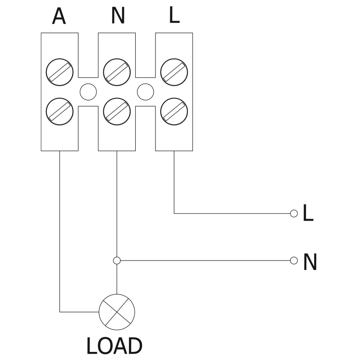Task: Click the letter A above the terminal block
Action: tap(59, 17)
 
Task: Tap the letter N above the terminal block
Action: tap(117, 17)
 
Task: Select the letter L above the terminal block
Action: tap(174, 16)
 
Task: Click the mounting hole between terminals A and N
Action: tap(88, 92)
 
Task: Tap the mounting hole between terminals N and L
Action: tap(145, 92)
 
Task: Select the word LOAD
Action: tap(114, 346)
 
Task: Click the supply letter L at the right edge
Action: tap(308, 214)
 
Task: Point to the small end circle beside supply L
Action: tap(294, 213)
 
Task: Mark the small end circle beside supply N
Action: tap(294, 260)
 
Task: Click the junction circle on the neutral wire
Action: tap(117, 260)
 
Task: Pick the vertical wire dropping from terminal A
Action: tap(59, 225)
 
